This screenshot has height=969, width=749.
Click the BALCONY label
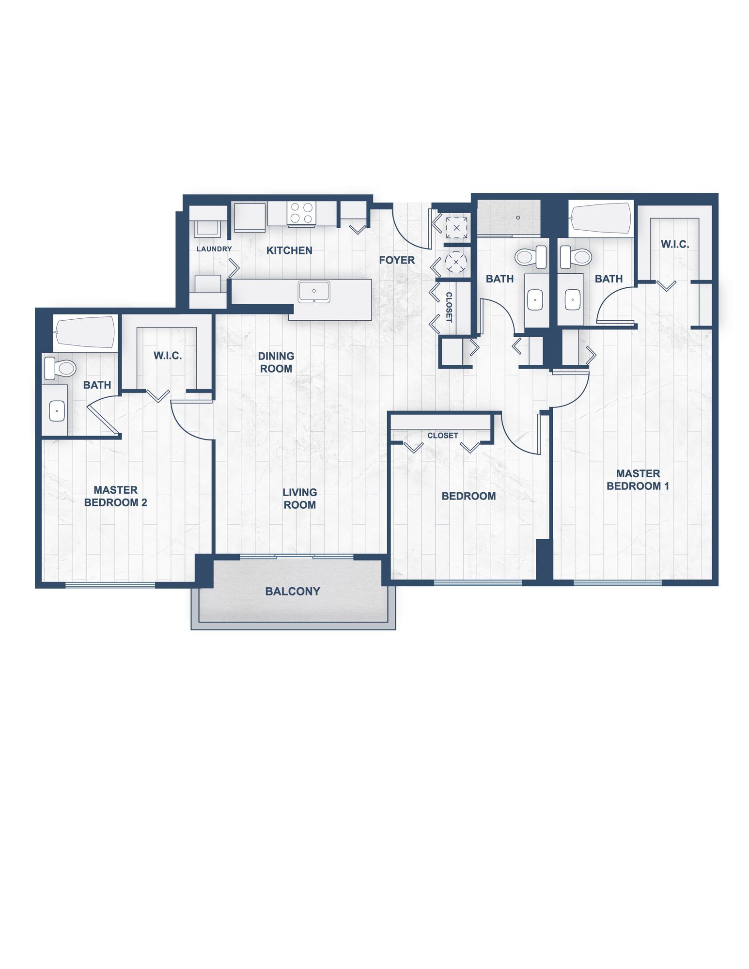pyautogui.click(x=293, y=591)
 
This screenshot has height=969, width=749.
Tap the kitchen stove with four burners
pyautogui.click(x=301, y=213)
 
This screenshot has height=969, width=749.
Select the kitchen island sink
pyautogui.click(x=314, y=292)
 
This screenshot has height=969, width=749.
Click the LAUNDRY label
pyautogui.click(x=214, y=249)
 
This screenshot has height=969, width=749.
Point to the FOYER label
pyautogui.click(x=397, y=260)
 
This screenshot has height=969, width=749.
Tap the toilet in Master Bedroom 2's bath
pyautogui.click(x=60, y=368)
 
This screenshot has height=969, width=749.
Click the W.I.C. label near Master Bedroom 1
pyautogui.click(x=675, y=244)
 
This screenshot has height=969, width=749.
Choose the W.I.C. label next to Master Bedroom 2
pyautogui.click(x=168, y=356)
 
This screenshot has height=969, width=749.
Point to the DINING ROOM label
pyautogui.click(x=276, y=362)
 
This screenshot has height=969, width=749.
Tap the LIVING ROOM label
pyautogui.click(x=300, y=499)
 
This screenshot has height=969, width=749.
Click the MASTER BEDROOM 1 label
pyautogui.click(x=638, y=480)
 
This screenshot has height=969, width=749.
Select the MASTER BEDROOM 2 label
pyautogui.click(x=116, y=496)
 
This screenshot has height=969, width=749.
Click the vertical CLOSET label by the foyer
pyautogui.click(x=449, y=307)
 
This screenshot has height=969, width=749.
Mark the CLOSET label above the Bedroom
pyautogui.click(x=442, y=436)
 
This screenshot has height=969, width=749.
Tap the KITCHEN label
pyautogui.click(x=289, y=250)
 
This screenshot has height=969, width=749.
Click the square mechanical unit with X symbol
pyautogui.click(x=456, y=227)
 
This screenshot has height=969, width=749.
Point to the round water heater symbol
pyautogui.click(x=456, y=262)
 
